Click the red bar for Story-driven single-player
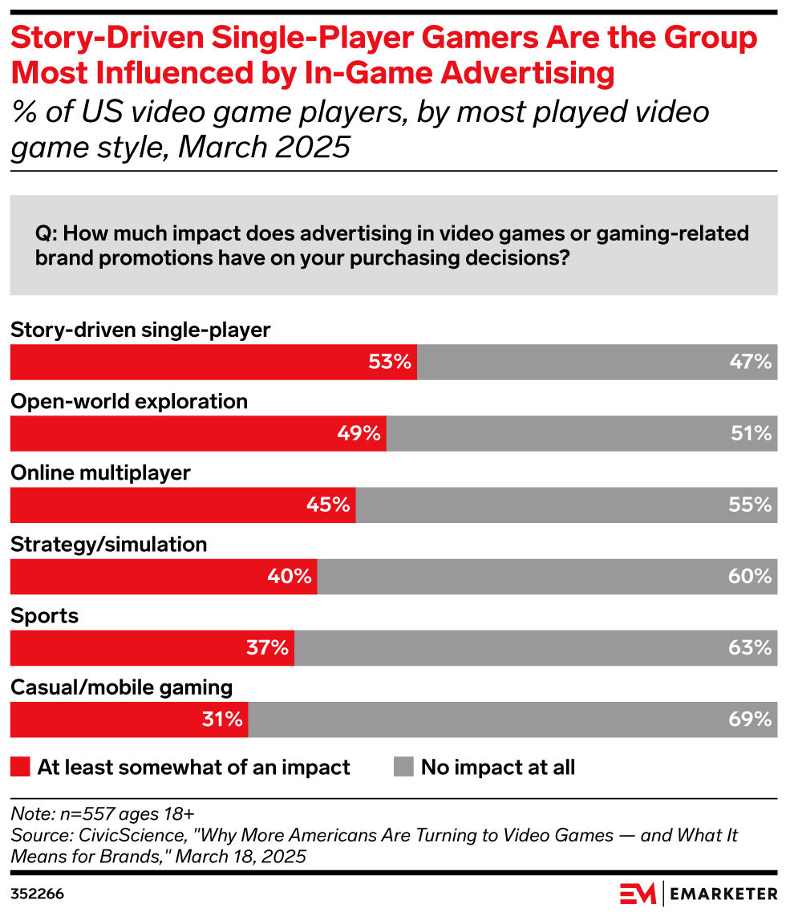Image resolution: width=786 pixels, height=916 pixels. (213, 362)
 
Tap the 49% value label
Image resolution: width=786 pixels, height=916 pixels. (358, 433)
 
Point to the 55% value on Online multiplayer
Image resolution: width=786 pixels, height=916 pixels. (750, 505)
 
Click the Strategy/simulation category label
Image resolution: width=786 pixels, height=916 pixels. (108, 545)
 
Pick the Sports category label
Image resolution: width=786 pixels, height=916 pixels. (44, 616)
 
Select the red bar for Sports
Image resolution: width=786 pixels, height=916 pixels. (152, 648)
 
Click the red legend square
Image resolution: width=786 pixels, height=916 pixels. (20, 768)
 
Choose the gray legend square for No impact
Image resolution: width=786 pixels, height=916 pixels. (403, 768)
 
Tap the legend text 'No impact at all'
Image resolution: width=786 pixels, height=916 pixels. (498, 768)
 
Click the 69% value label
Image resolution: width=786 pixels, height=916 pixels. (750, 719)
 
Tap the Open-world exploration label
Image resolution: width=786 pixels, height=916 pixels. (129, 402)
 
